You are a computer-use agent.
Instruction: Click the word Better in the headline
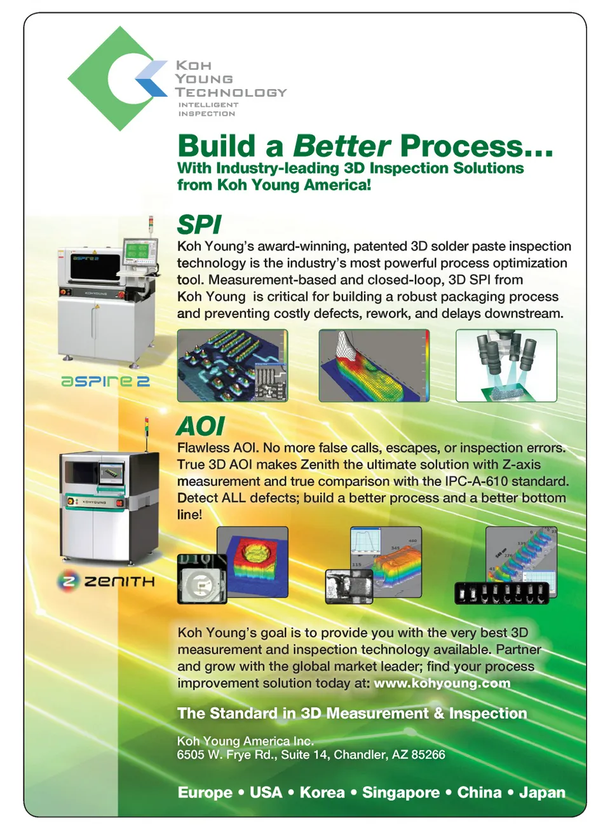click(x=342, y=146)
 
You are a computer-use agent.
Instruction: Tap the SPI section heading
click(x=199, y=224)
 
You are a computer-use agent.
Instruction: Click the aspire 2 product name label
click(x=105, y=381)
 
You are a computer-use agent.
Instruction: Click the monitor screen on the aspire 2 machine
click(x=136, y=250)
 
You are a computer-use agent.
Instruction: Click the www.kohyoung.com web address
click(x=442, y=682)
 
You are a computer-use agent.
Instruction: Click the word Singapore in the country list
click(x=401, y=792)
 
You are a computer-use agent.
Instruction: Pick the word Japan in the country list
click(x=542, y=792)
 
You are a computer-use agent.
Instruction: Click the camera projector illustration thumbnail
click(x=506, y=365)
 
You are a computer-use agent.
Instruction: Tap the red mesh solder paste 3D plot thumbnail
click(x=374, y=365)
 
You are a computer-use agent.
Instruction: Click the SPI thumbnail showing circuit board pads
click(x=233, y=365)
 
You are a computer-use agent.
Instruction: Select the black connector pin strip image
click(x=501, y=593)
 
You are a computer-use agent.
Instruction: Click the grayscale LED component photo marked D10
click(x=201, y=579)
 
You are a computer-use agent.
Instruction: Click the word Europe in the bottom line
click(x=205, y=792)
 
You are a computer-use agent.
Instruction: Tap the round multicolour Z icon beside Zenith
click(x=68, y=581)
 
